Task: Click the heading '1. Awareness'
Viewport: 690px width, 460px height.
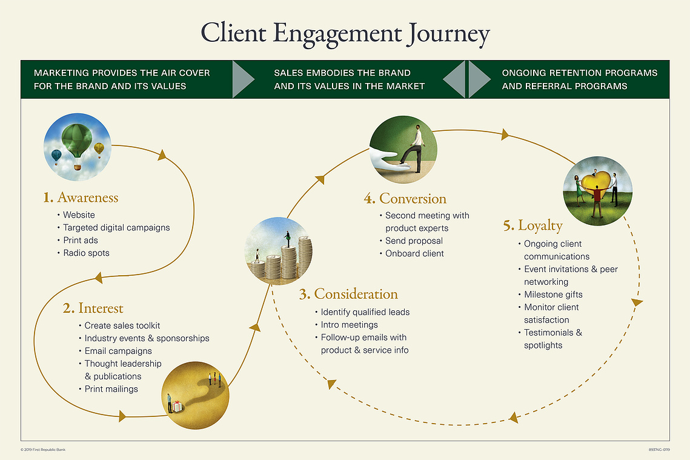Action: click(x=81, y=198)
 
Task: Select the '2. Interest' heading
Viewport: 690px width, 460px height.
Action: click(x=93, y=308)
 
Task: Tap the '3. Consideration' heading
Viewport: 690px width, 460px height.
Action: click(x=348, y=294)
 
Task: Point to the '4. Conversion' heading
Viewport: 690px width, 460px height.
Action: click(x=405, y=199)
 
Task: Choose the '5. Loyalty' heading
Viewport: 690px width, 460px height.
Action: click(x=533, y=226)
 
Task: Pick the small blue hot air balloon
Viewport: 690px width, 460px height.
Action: click(x=56, y=157)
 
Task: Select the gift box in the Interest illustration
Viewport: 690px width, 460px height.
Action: click(x=176, y=406)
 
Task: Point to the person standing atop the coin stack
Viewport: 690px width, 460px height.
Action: click(x=288, y=239)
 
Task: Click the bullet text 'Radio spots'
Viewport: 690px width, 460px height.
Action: click(x=86, y=253)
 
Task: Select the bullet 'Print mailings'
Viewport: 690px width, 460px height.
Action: click(x=111, y=389)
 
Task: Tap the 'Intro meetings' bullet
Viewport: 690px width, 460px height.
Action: click(x=350, y=325)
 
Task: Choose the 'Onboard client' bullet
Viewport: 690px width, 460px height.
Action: click(x=414, y=253)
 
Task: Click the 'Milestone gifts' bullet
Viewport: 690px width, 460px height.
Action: click(x=553, y=295)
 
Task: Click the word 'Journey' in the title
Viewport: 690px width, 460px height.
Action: click(x=448, y=35)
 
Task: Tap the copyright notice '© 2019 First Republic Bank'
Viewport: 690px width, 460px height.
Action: click(x=43, y=450)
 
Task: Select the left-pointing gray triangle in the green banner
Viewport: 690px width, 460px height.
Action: click(x=454, y=79)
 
